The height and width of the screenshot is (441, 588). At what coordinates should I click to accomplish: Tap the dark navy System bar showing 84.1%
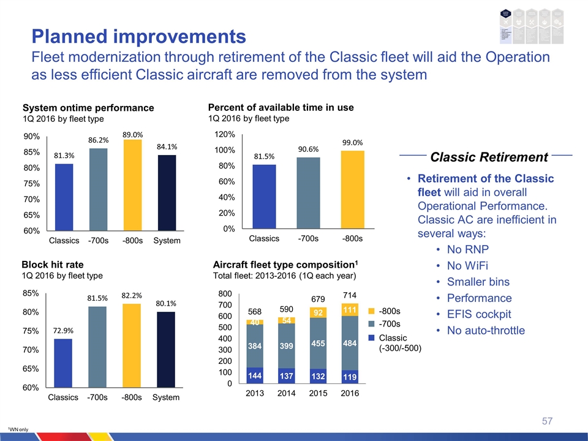[x=167, y=192]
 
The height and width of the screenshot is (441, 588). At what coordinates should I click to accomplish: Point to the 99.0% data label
[x=353, y=142]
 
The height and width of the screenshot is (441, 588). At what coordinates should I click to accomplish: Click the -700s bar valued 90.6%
[x=309, y=193]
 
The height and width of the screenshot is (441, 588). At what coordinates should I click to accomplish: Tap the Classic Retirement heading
[x=489, y=157]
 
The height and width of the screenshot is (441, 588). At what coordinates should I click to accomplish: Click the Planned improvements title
[x=139, y=36]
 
